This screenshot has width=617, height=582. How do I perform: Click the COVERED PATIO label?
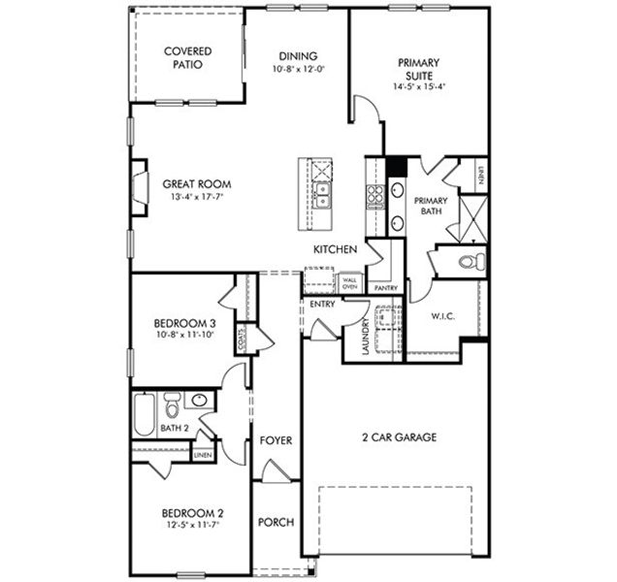coord(188,58)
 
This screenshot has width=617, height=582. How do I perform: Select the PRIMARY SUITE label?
coord(419,71)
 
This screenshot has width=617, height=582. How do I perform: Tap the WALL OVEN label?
coord(349,284)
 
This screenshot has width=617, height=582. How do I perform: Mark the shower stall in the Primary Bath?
coord(471,217)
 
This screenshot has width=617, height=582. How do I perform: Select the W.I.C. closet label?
coord(442,316)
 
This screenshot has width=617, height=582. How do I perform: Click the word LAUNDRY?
coord(365,337)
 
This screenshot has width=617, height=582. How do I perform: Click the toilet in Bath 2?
coord(171,402)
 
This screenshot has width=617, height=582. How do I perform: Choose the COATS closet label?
coord(239,338)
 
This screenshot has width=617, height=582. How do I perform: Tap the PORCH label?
coord(276,522)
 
